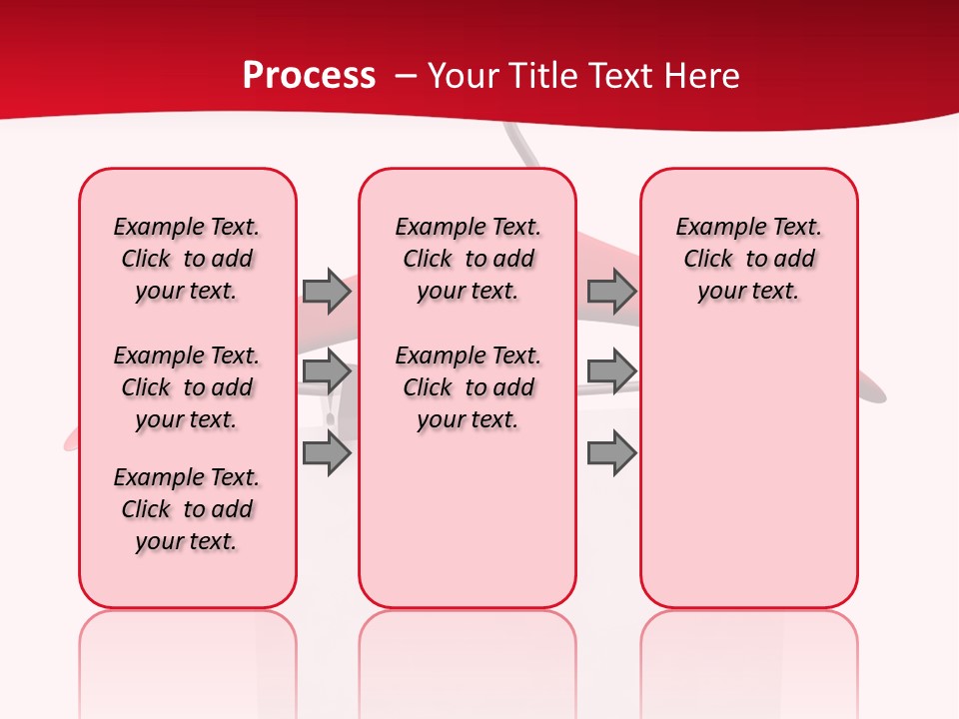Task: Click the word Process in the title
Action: point(309,76)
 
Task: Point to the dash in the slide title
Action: point(406,77)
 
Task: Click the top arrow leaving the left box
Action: point(327,291)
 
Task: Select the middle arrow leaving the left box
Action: point(327,372)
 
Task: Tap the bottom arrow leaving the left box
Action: point(327,453)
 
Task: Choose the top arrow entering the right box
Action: point(611,291)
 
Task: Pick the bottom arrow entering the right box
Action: point(611,453)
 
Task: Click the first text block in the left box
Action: point(187,259)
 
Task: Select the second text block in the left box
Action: point(187,387)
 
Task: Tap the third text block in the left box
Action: point(187,509)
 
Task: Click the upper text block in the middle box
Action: point(468,259)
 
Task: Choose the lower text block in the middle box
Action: point(468,387)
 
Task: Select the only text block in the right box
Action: point(748,259)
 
